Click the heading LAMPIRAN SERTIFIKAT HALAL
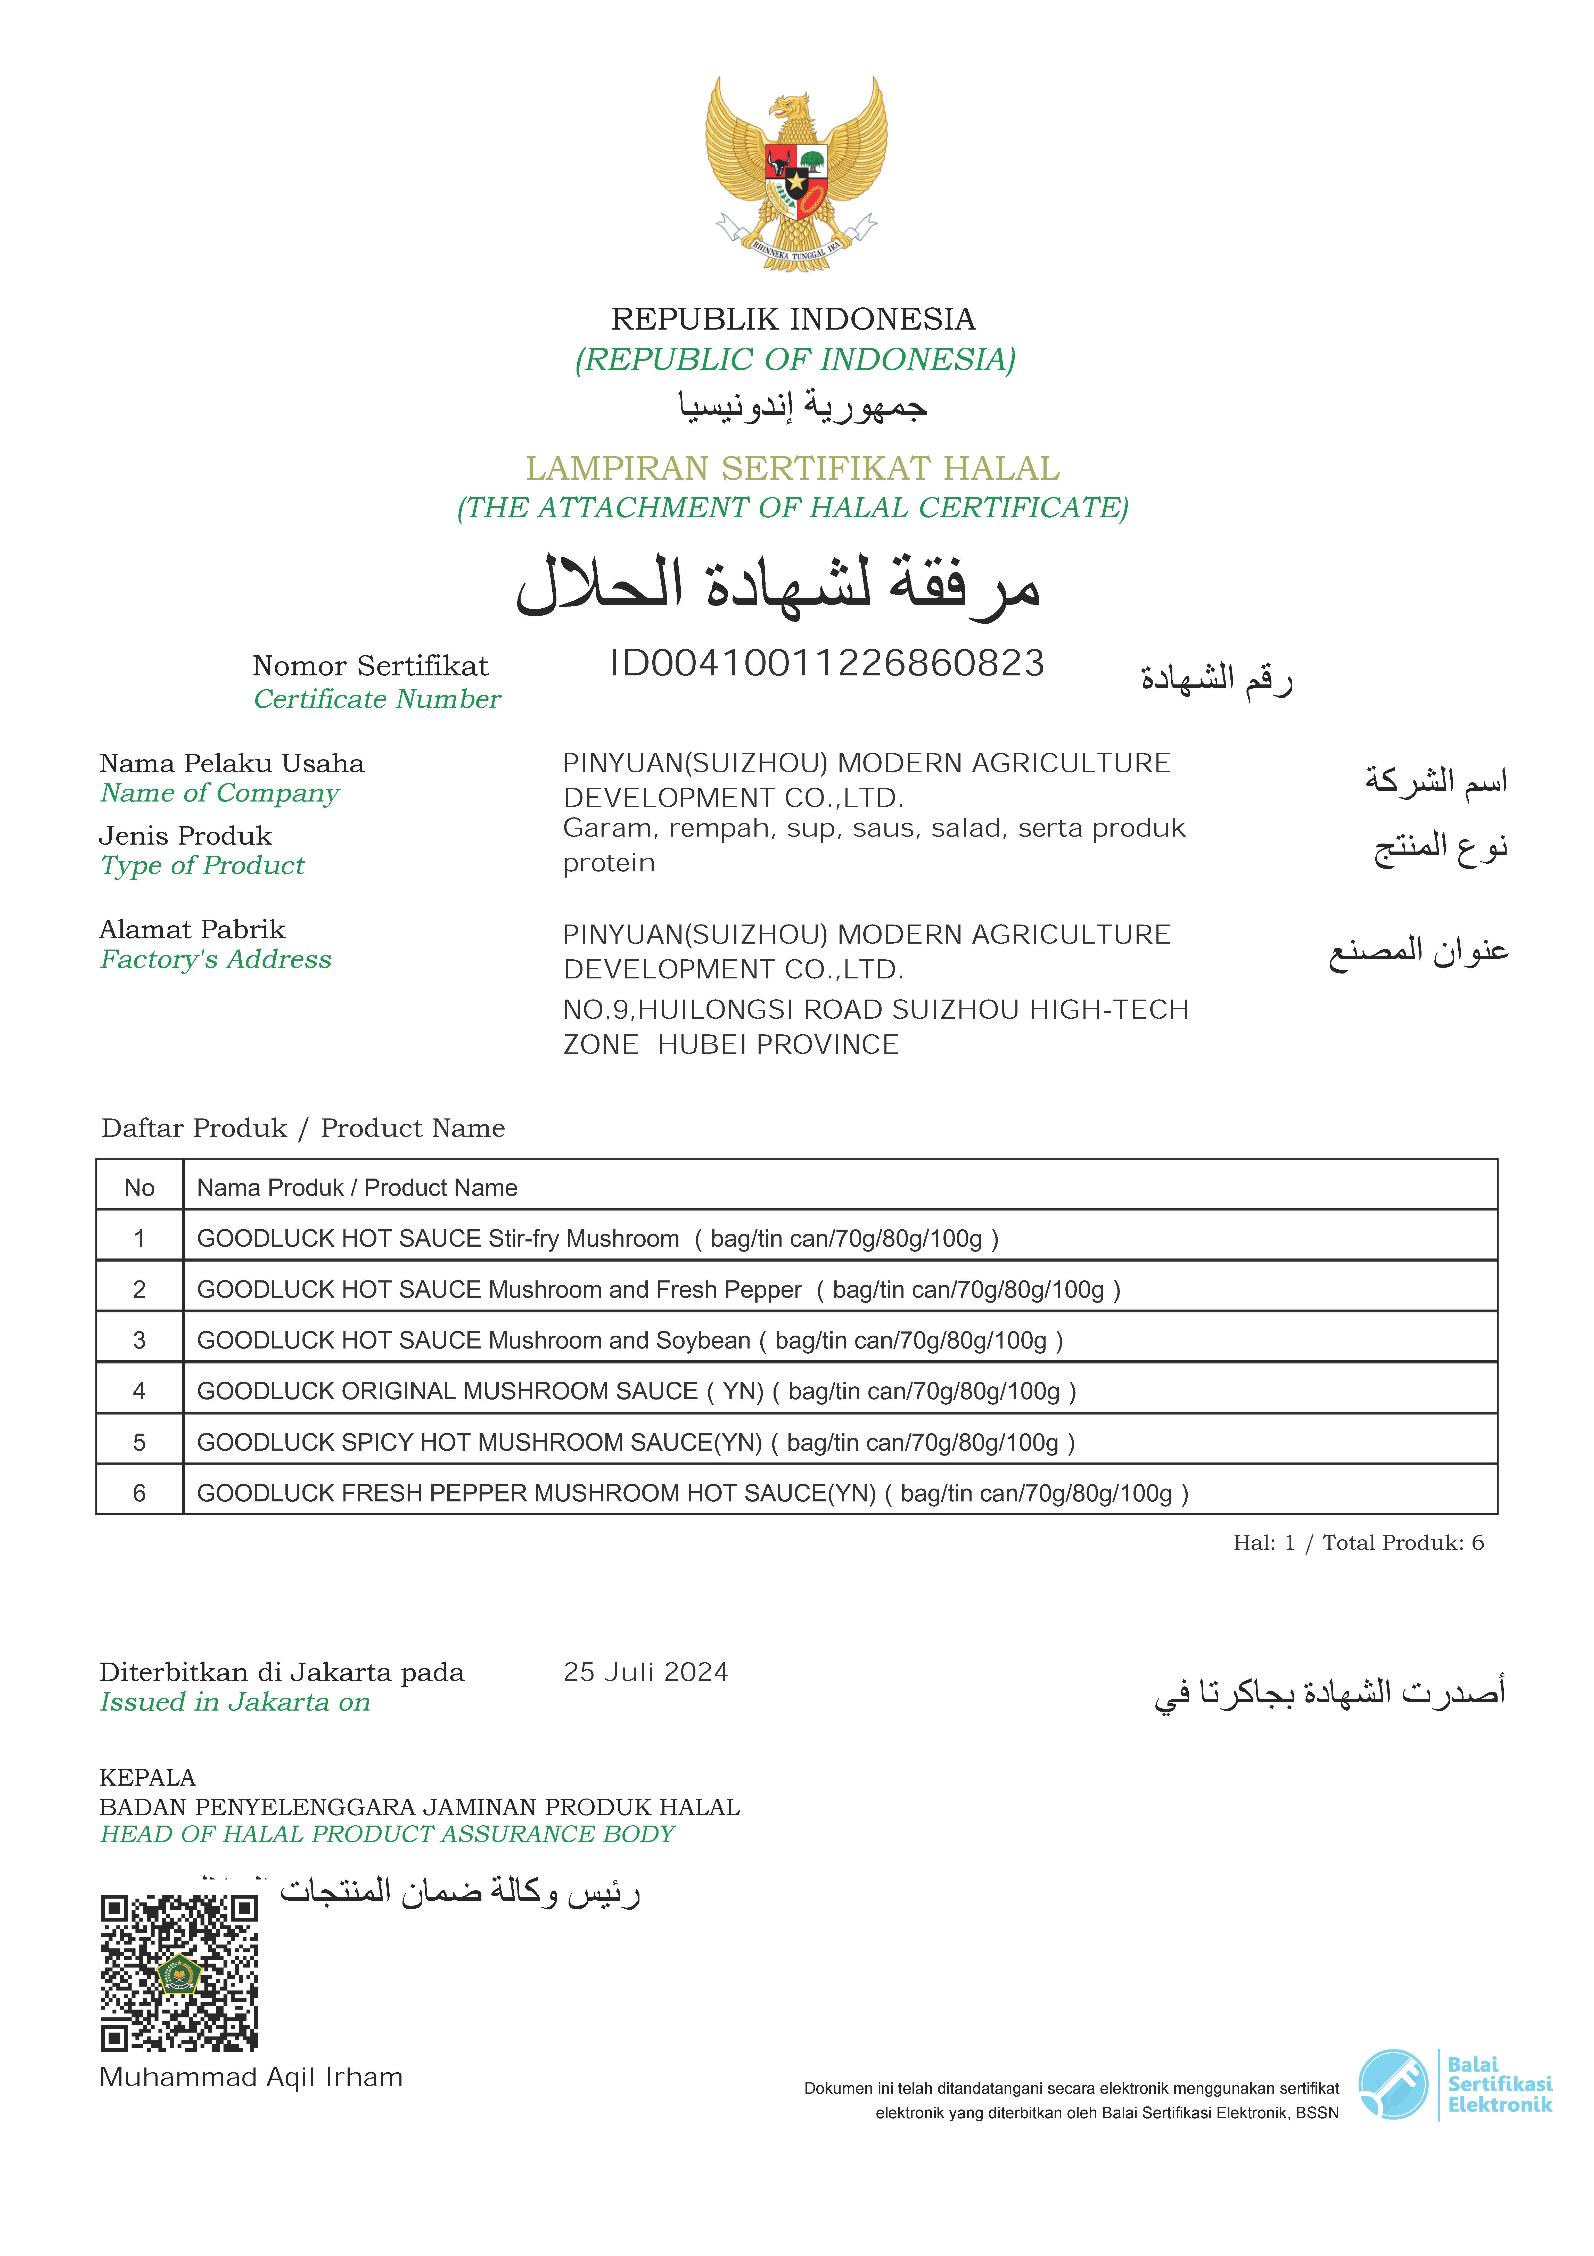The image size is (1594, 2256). tap(793, 469)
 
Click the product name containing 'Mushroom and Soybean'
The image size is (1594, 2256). tap(630, 1340)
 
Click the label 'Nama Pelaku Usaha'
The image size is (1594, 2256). tap(232, 763)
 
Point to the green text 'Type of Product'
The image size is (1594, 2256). tap(202, 866)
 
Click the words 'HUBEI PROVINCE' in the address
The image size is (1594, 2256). tap(778, 1044)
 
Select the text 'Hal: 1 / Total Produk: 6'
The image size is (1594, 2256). tap(1358, 1543)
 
